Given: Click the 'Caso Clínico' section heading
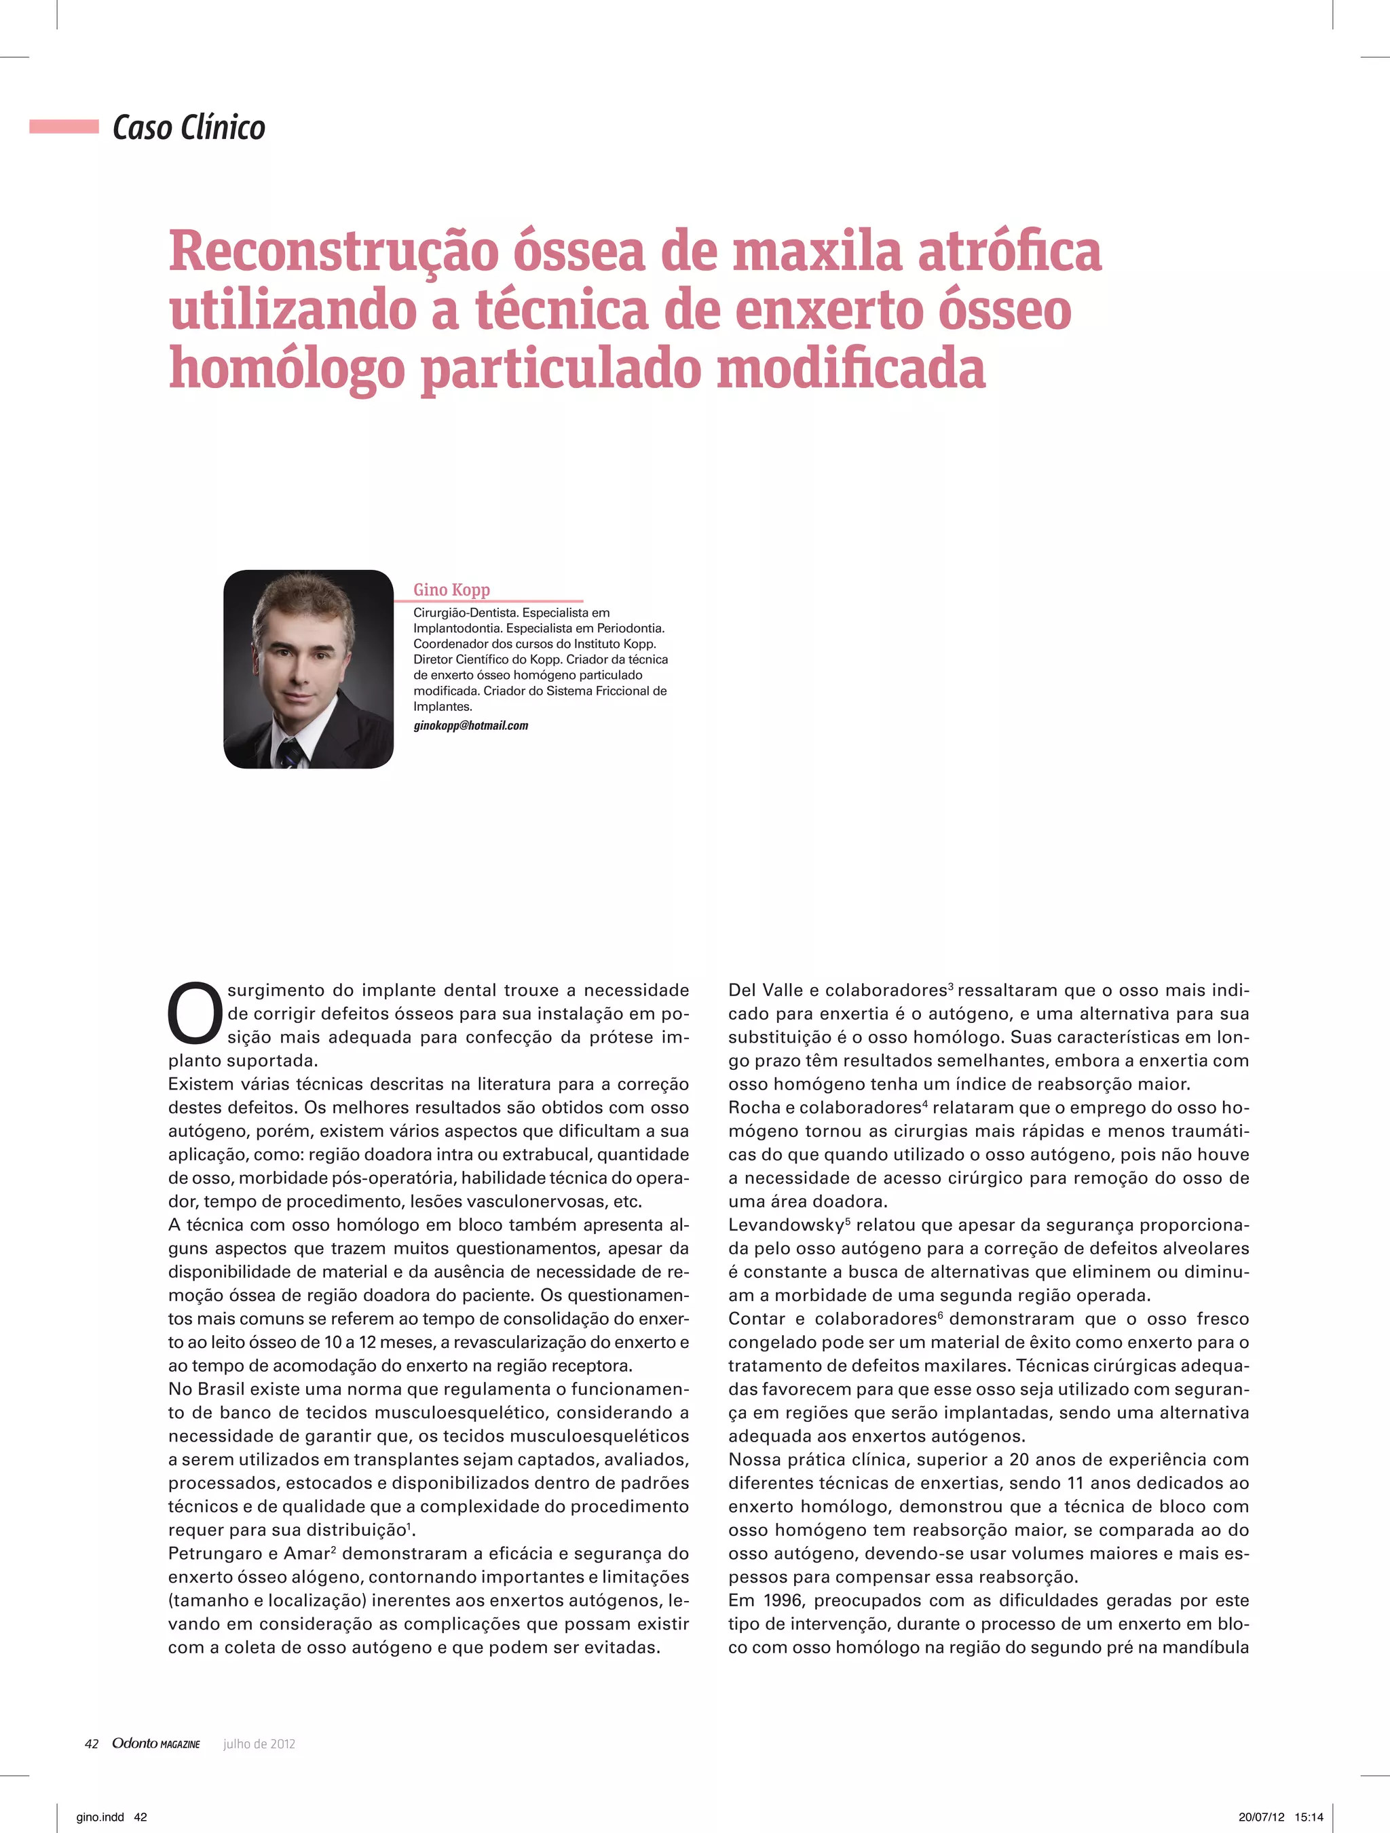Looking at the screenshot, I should click(x=189, y=128).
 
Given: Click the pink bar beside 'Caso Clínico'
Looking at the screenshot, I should click(x=64, y=127).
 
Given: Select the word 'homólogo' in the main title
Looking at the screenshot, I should click(x=286, y=369).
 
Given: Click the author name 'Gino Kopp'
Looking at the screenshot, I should click(x=452, y=589).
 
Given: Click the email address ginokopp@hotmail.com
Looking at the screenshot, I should click(x=471, y=726).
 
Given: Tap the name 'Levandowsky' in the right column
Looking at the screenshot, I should click(x=786, y=1224).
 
